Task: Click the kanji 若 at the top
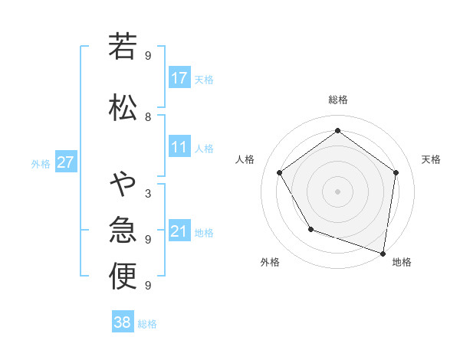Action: pos(123,47)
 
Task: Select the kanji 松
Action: pos(123,107)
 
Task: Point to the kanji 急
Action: pos(123,230)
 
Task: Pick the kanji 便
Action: pos(123,277)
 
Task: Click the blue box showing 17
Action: pos(179,78)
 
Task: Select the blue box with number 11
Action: pos(179,147)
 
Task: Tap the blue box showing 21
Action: pos(179,231)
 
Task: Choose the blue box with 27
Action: pos(65,162)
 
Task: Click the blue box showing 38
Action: pos(123,322)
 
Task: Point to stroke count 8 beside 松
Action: pos(148,116)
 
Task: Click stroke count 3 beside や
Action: pos(148,193)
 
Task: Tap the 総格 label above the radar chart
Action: pos(337,100)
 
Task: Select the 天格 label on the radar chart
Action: pos(431,159)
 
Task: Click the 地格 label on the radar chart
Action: pos(402,262)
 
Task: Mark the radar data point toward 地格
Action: pos(383,253)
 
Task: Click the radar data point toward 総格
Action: pos(337,131)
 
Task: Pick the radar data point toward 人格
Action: pos(280,173)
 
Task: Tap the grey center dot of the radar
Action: pos(337,191)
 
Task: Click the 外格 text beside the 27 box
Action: pos(41,163)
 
